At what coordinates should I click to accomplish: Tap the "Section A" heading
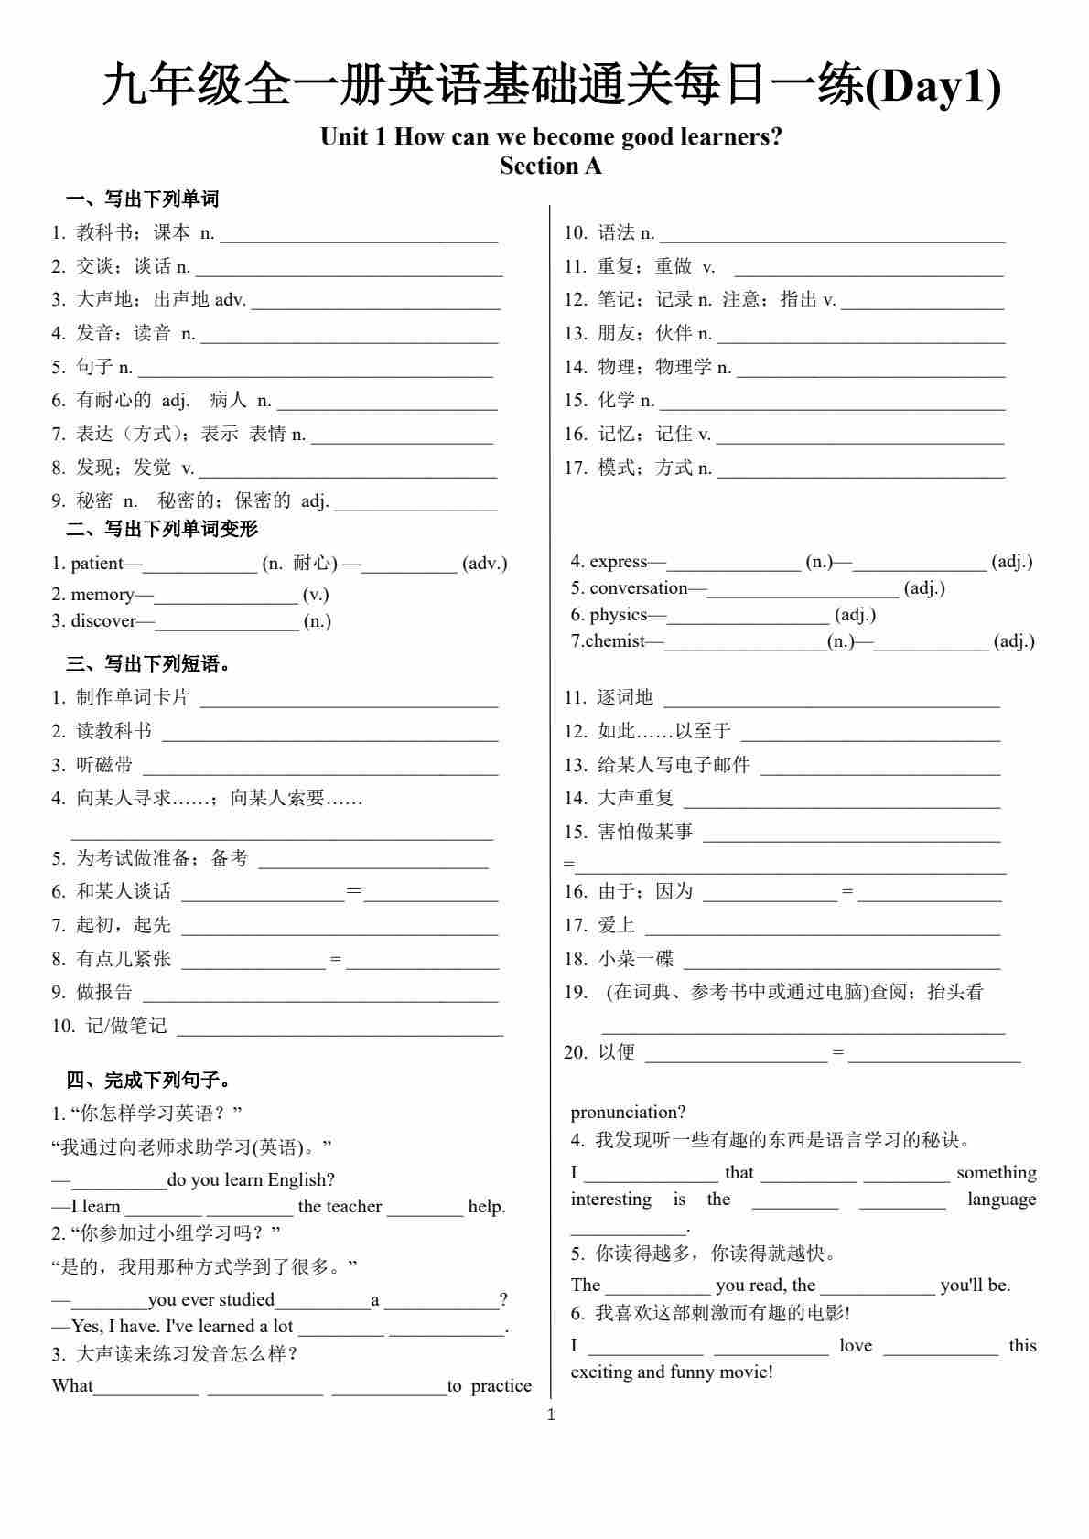[x=550, y=166]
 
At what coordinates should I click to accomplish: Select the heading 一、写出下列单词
[x=142, y=199]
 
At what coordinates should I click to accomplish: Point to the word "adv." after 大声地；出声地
[x=230, y=299]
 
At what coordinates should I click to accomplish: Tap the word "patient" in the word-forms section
[x=96, y=563]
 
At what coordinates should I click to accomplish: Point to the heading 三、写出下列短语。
[x=148, y=663]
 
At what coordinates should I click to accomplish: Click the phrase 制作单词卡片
[x=133, y=697]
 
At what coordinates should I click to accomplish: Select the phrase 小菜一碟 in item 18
[x=635, y=958]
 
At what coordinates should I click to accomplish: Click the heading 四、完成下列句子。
[x=148, y=1080]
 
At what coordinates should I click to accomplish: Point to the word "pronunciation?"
[x=628, y=1112]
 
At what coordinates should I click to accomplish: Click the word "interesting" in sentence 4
[x=610, y=1199]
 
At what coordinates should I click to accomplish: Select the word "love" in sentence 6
[x=856, y=1345]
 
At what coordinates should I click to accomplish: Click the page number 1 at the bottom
[x=551, y=1415]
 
